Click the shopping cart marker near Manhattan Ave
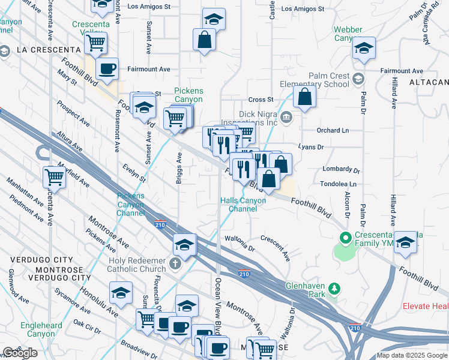point(54,177)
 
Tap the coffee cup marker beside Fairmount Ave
point(107,68)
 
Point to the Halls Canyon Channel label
point(247,205)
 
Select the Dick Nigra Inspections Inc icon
point(286,116)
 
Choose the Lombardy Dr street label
point(340,170)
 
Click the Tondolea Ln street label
point(338,184)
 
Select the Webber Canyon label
point(348,34)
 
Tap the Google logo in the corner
point(20,352)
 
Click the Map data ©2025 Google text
point(411,355)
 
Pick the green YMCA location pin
point(345,238)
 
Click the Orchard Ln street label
point(333,130)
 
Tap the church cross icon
point(175,263)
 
